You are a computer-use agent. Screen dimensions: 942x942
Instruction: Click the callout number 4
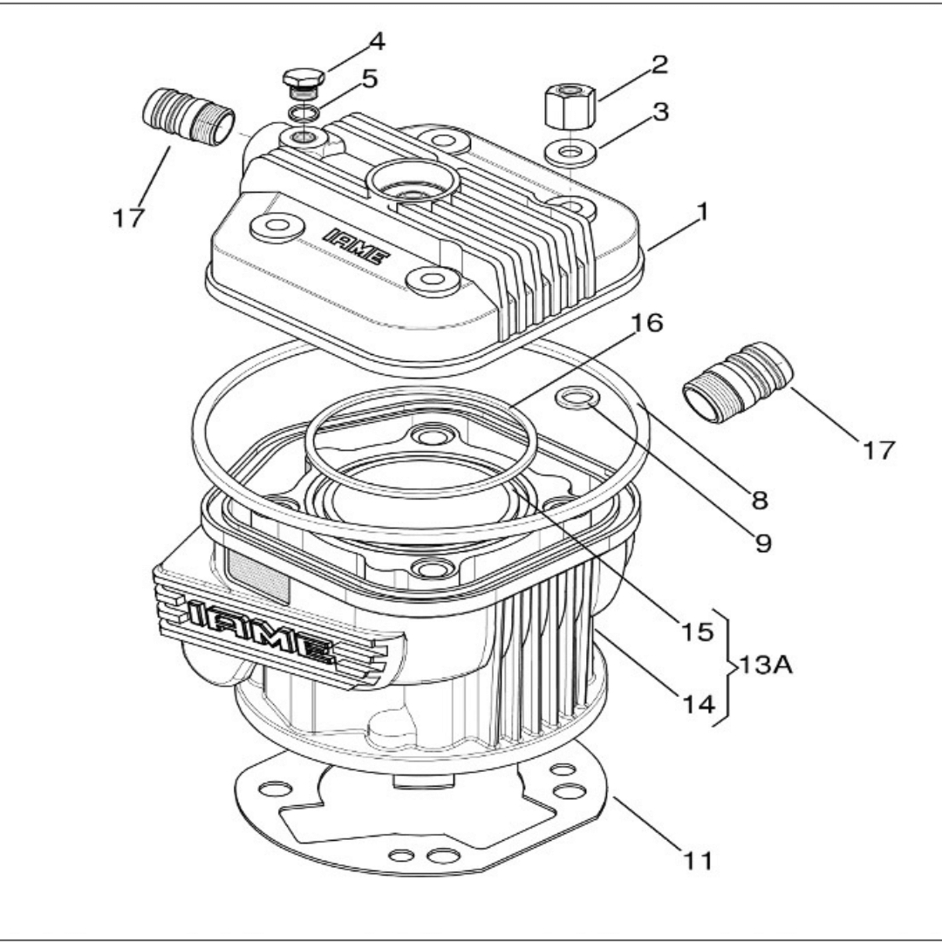coord(377,41)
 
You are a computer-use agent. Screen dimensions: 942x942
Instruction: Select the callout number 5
coord(369,78)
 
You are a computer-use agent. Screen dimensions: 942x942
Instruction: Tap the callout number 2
coord(659,63)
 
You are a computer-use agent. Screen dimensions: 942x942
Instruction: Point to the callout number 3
coord(659,112)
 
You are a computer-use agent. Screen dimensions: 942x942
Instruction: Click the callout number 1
coord(701,211)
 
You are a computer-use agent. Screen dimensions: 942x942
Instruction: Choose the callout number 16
coord(648,324)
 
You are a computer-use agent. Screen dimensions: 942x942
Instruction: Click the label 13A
coord(766,666)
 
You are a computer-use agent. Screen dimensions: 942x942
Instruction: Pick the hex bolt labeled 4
coord(302,84)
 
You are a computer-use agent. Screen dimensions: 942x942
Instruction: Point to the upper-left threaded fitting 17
coord(188,116)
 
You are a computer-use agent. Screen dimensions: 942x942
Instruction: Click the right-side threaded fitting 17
coord(737,381)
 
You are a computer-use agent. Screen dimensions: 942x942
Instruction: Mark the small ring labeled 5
coord(303,113)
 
